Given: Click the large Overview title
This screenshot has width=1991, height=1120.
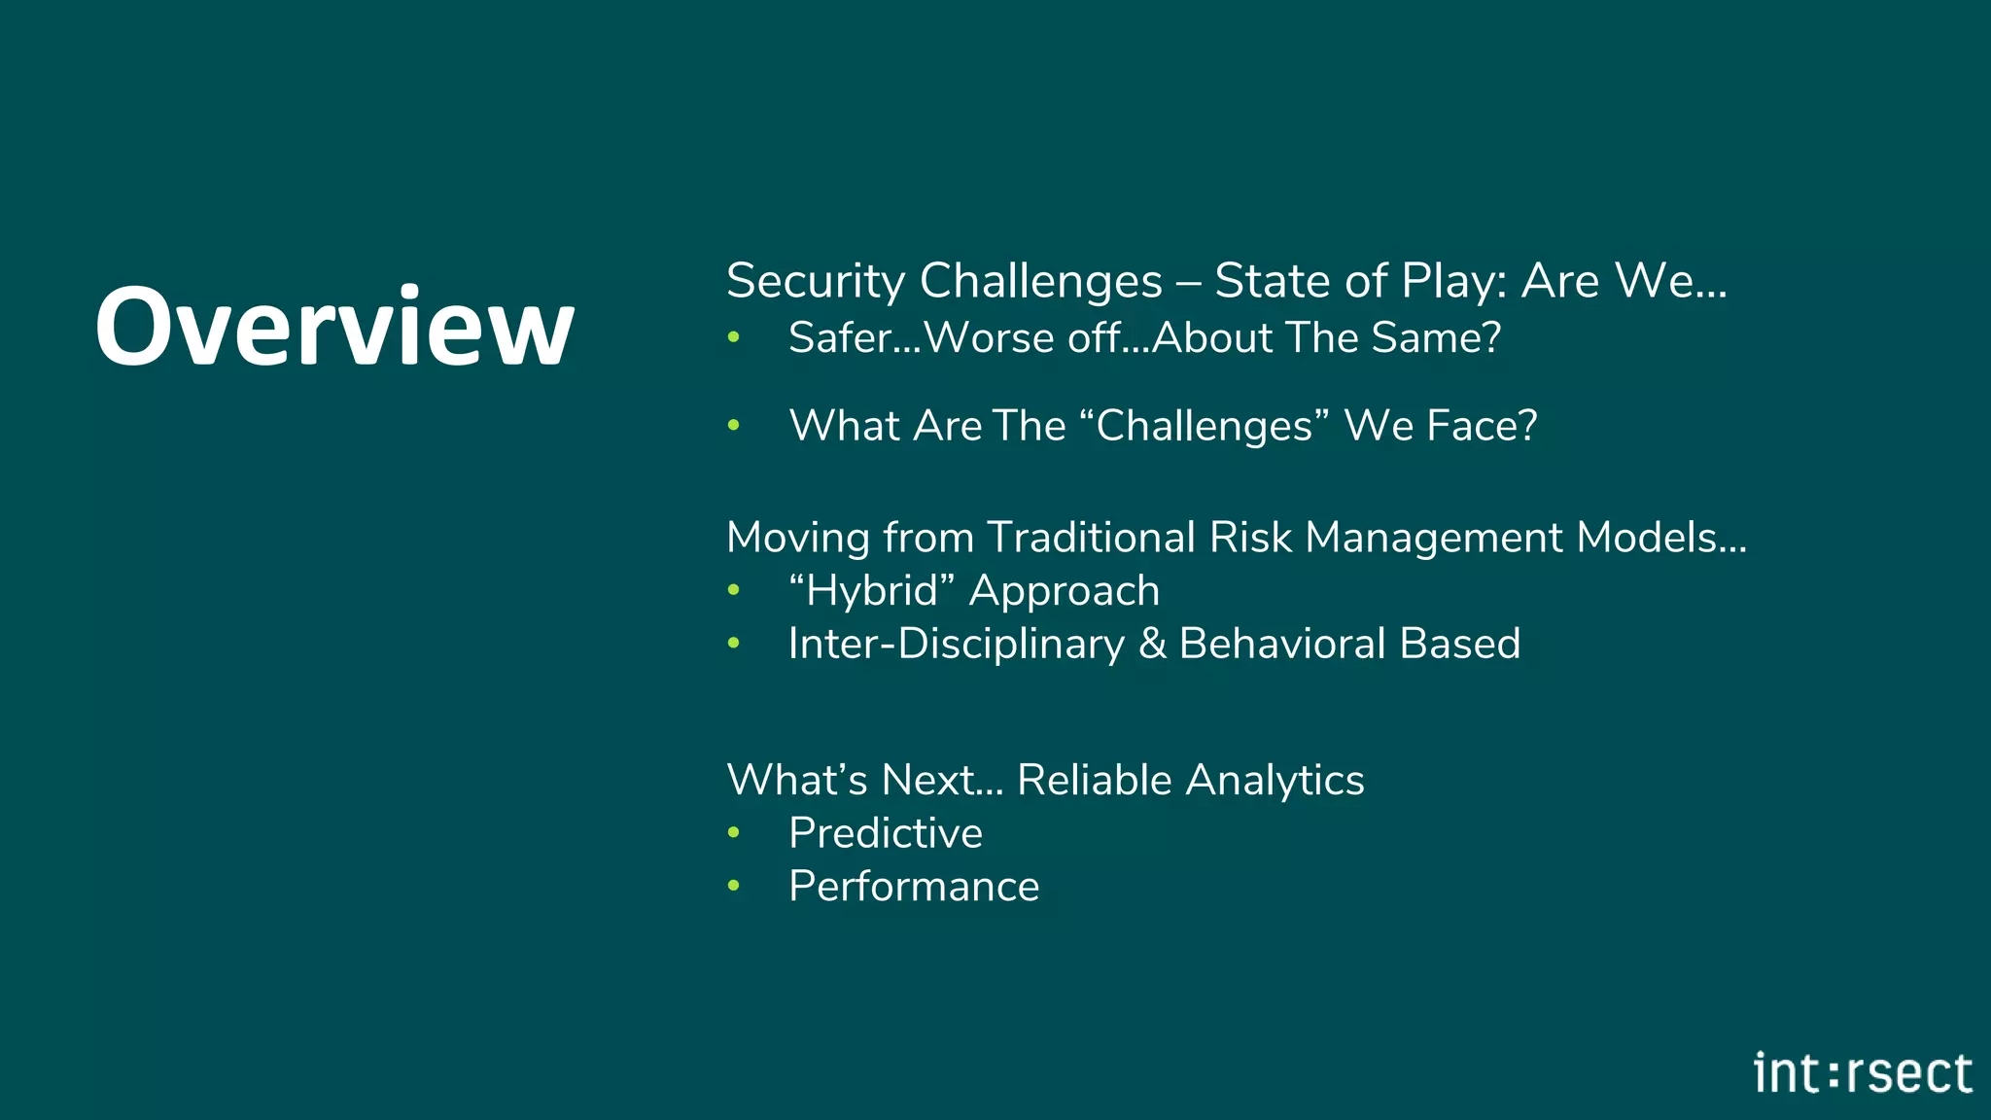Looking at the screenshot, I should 334,327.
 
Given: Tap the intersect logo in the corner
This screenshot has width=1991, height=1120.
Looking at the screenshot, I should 1862,1073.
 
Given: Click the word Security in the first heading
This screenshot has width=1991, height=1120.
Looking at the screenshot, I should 815,282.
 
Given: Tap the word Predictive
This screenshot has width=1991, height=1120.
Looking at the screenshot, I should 885,833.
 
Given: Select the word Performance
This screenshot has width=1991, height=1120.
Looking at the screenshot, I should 913,887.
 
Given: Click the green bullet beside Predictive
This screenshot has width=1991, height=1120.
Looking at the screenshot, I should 734,833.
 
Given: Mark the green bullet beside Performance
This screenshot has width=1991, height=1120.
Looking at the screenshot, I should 734,886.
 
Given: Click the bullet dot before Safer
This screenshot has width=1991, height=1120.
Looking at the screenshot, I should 734,338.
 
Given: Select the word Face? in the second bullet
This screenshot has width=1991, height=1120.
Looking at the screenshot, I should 1482,426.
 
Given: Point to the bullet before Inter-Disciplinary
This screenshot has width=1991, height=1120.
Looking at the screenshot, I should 734,644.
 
